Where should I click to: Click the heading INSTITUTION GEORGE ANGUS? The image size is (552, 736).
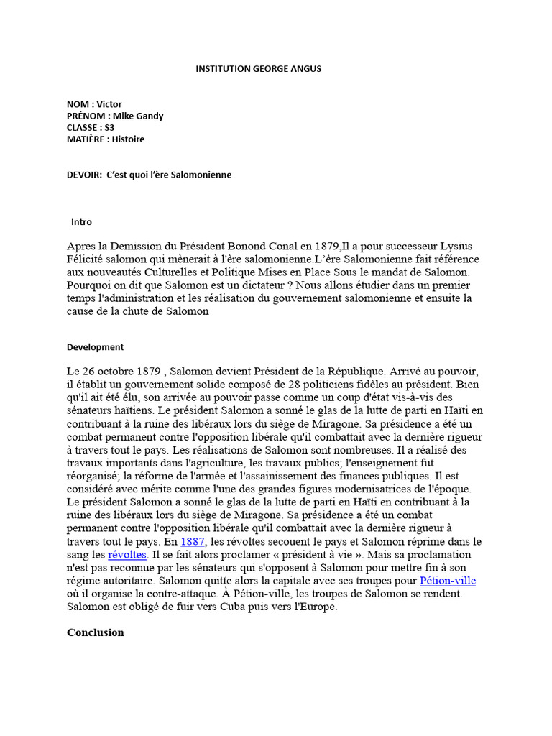[259, 69]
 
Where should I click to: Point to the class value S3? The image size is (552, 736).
[110, 127]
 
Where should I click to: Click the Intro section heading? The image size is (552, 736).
[81, 222]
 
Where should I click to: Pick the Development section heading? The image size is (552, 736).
[95, 346]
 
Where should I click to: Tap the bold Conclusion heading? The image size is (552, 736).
[95, 632]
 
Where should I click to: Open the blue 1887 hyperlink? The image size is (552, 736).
[193, 541]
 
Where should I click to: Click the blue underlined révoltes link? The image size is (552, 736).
[127, 555]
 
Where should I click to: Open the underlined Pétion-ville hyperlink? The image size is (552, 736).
[448, 581]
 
